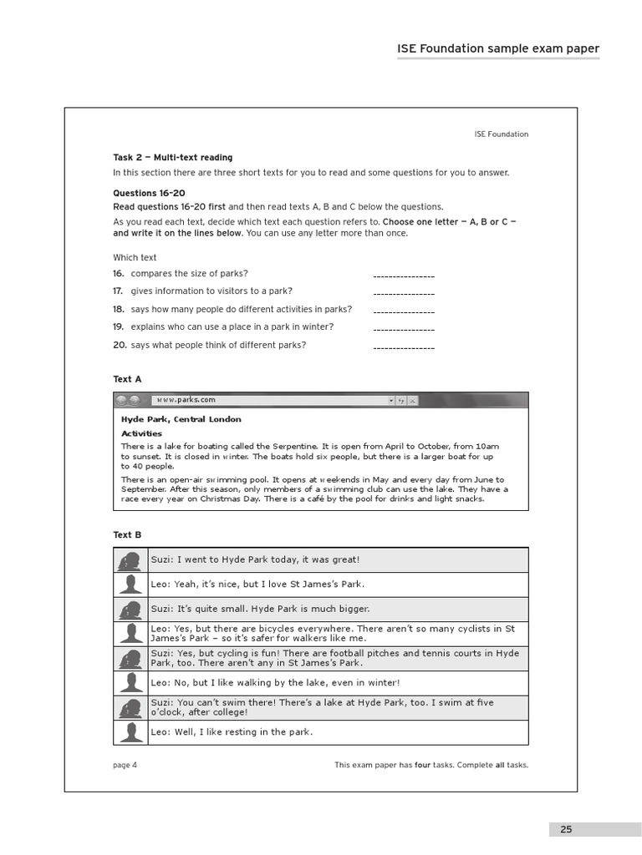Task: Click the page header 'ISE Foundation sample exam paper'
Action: (x=497, y=48)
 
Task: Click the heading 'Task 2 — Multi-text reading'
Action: (x=173, y=158)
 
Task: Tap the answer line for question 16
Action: (x=403, y=275)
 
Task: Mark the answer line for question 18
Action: (x=403, y=311)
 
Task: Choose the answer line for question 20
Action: (x=403, y=347)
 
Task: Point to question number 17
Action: (x=119, y=291)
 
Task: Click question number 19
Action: (x=119, y=327)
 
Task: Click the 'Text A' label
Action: (x=127, y=379)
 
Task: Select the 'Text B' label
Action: (x=127, y=534)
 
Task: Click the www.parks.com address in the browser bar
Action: (x=186, y=400)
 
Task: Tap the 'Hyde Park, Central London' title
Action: (x=181, y=419)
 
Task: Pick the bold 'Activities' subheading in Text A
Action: (x=141, y=433)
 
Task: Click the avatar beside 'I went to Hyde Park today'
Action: (x=130, y=560)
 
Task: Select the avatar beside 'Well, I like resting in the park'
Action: (x=130, y=733)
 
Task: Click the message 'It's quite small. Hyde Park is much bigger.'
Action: (x=260, y=610)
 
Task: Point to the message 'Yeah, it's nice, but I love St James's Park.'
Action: (x=257, y=584)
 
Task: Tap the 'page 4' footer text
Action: (x=125, y=765)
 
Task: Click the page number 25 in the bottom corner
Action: (x=567, y=829)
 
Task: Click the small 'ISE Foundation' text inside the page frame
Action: (x=501, y=134)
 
